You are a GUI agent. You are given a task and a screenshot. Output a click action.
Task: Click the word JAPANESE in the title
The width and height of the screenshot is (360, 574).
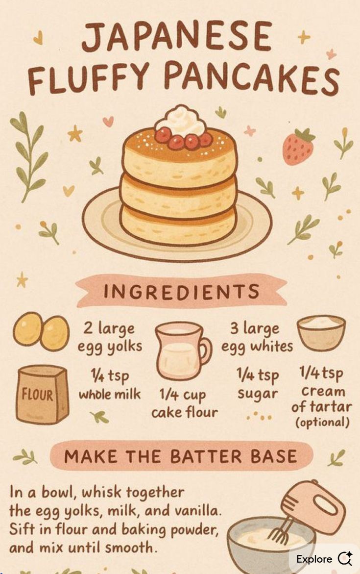(176, 36)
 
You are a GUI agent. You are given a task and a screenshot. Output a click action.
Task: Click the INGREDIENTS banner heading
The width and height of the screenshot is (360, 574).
(181, 291)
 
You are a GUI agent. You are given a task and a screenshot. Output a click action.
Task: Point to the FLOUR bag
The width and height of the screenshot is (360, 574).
(43, 394)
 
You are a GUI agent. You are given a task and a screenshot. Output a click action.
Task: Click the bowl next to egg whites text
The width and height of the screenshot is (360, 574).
(321, 333)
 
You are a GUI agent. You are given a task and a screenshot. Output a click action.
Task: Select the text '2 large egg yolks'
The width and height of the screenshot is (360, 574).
(109, 337)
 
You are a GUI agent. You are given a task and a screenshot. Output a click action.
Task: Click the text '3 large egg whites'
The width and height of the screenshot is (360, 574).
(257, 337)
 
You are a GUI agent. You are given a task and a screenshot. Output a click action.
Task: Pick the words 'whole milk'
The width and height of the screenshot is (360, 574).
(110, 394)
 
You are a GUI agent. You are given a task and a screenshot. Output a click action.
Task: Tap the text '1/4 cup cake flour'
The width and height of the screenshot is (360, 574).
(184, 403)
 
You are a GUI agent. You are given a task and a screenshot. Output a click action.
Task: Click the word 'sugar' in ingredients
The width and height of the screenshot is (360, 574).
(258, 394)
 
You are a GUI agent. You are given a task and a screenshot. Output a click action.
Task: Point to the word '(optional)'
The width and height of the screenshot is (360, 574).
(322, 422)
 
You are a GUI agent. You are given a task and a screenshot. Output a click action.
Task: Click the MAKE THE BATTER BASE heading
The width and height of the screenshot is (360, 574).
(180, 456)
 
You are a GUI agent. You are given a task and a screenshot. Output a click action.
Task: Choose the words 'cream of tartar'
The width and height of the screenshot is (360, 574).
(322, 399)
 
